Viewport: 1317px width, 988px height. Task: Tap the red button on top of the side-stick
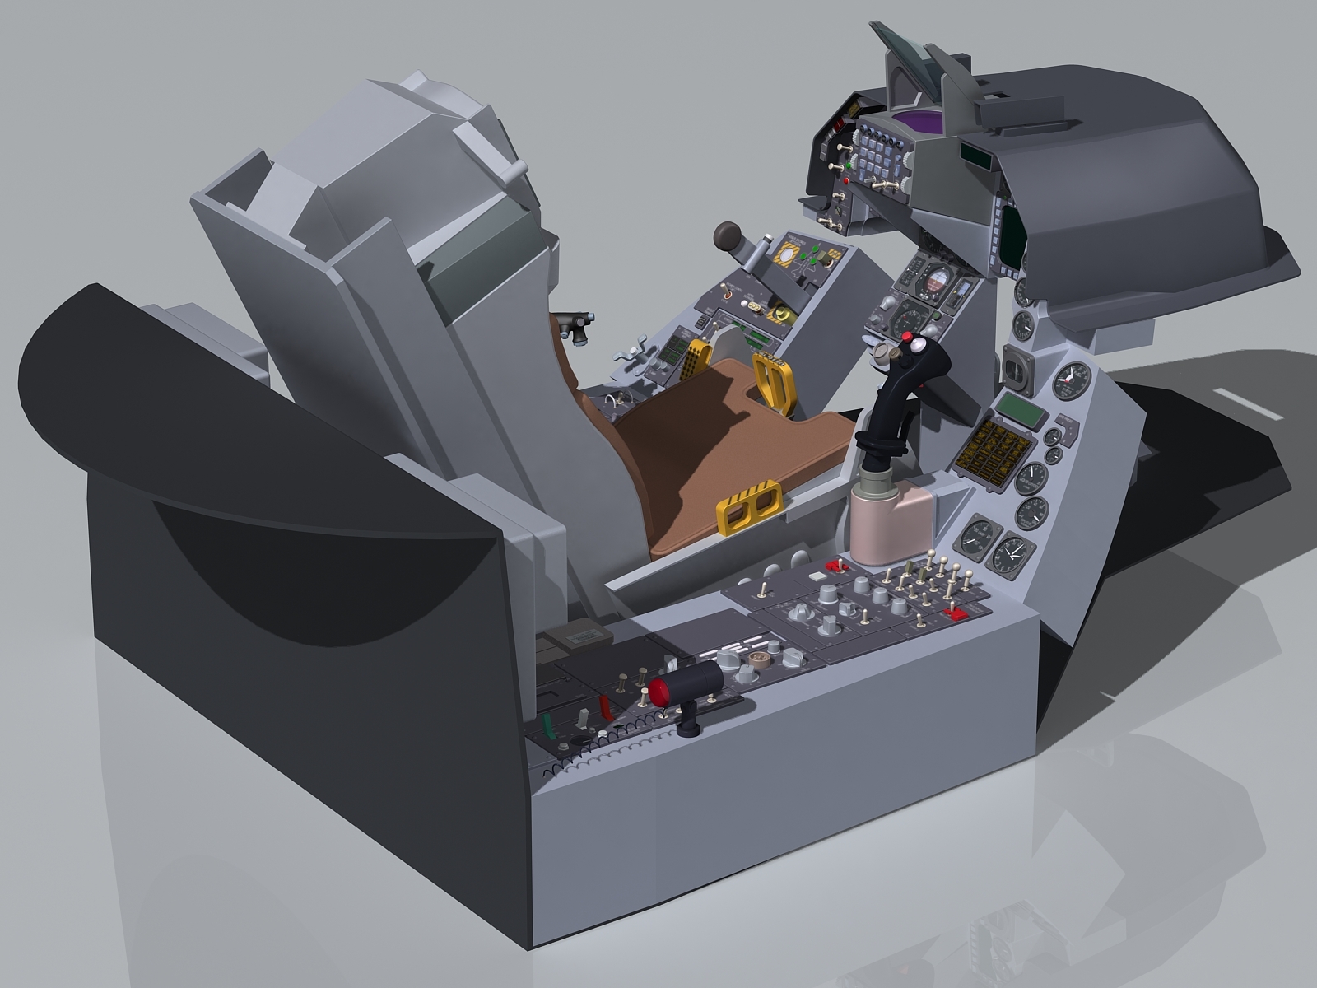pos(907,337)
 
